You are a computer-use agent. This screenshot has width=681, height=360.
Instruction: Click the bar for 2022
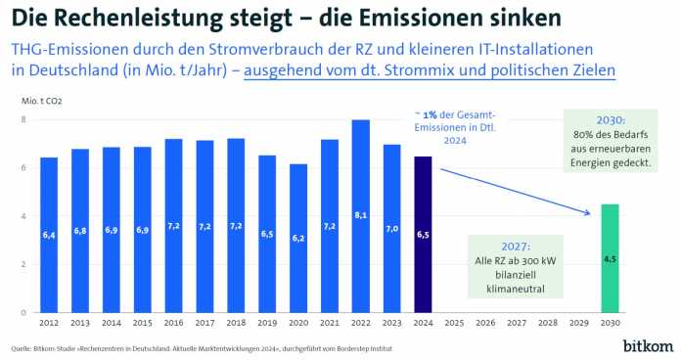point(360,216)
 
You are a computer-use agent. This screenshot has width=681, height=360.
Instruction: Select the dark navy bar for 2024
point(423,234)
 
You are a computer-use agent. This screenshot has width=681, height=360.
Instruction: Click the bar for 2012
point(48,235)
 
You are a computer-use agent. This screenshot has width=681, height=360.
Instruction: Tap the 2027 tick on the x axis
point(517,322)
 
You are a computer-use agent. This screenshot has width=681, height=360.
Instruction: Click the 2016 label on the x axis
point(173,322)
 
